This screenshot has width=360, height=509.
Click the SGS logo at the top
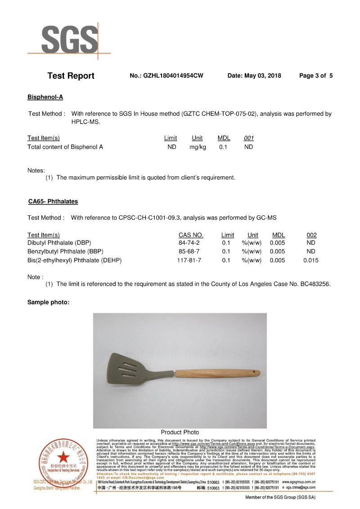(70, 40)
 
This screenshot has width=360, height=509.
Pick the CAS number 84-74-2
(189, 243)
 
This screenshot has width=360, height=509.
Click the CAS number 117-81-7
(189, 260)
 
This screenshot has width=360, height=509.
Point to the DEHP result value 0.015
(311, 260)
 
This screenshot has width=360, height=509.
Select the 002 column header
(311, 235)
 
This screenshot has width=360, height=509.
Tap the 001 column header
(249, 138)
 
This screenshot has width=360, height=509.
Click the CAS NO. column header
(191, 235)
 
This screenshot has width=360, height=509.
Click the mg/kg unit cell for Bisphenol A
(198, 147)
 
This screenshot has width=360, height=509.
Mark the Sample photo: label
(48, 302)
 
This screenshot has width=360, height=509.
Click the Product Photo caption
(180, 432)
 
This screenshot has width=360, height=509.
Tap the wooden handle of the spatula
(216, 375)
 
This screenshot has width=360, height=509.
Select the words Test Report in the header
(71, 76)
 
